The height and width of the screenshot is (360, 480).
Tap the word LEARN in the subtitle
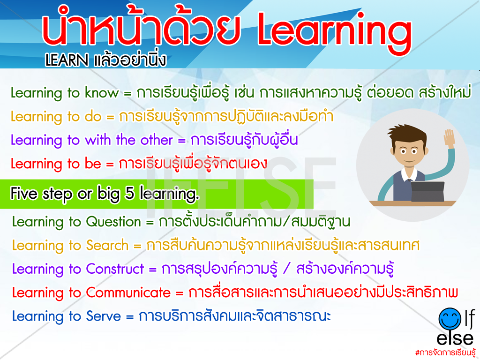click(x=67, y=60)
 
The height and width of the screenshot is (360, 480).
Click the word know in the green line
click(x=102, y=93)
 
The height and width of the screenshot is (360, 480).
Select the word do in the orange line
click(x=93, y=116)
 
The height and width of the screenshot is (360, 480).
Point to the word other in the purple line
click(x=157, y=140)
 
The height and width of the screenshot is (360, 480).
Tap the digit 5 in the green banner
click(x=130, y=194)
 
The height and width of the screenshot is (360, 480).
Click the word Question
click(x=113, y=221)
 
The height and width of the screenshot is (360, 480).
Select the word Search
click(x=107, y=245)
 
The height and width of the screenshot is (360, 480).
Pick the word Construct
click(x=115, y=269)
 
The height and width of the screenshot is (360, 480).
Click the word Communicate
click(x=128, y=292)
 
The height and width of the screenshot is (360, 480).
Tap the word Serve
click(x=104, y=316)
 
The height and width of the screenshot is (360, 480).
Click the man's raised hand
click(x=450, y=137)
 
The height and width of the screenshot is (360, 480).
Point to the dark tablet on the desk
click(x=427, y=191)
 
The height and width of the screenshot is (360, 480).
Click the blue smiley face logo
click(x=450, y=319)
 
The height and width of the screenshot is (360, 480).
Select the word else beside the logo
click(x=455, y=338)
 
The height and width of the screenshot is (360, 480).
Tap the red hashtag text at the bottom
click(x=445, y=352)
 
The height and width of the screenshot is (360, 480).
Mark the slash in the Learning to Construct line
click(x=287, y=269)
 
